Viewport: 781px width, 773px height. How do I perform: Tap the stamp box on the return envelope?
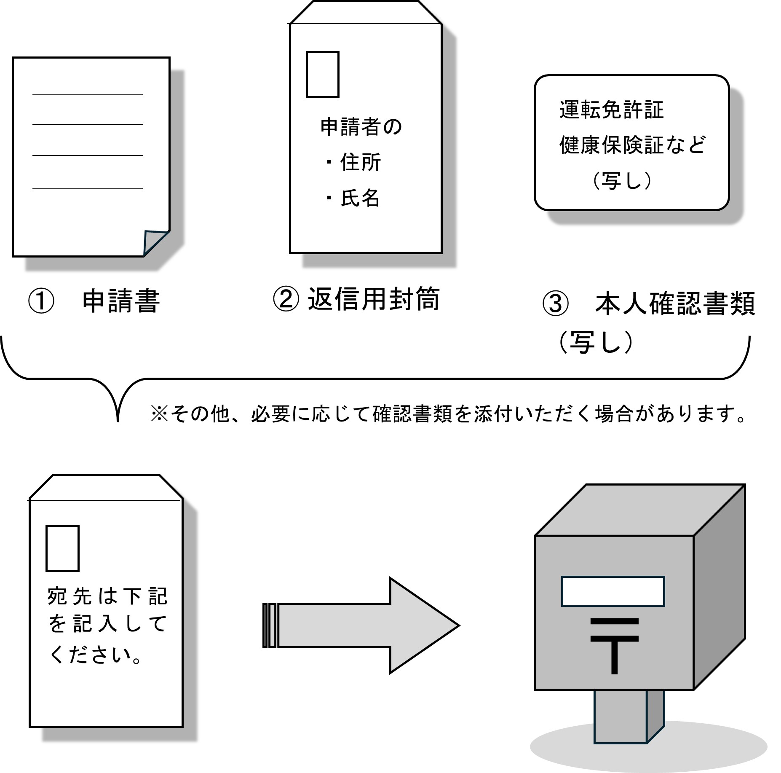point(322,75)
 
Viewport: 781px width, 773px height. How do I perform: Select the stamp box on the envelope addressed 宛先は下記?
point(62,548)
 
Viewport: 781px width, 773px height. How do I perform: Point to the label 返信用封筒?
point(374,299)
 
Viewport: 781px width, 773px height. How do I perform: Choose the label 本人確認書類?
point(675,304)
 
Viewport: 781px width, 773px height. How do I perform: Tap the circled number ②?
point(286,300)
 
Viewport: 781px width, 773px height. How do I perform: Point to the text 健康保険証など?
point(632,145)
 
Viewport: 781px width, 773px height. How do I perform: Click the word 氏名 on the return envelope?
point(360,198)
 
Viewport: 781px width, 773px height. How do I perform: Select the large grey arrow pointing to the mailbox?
point(362,625)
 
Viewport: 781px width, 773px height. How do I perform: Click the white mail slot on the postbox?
point(612,591)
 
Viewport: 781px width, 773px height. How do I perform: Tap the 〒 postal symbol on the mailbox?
point(614,646)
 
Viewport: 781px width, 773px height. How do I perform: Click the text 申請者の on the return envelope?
point(361,127)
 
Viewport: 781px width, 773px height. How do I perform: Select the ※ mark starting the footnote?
point(159,414)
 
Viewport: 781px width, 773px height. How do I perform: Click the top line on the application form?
point(88,95)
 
